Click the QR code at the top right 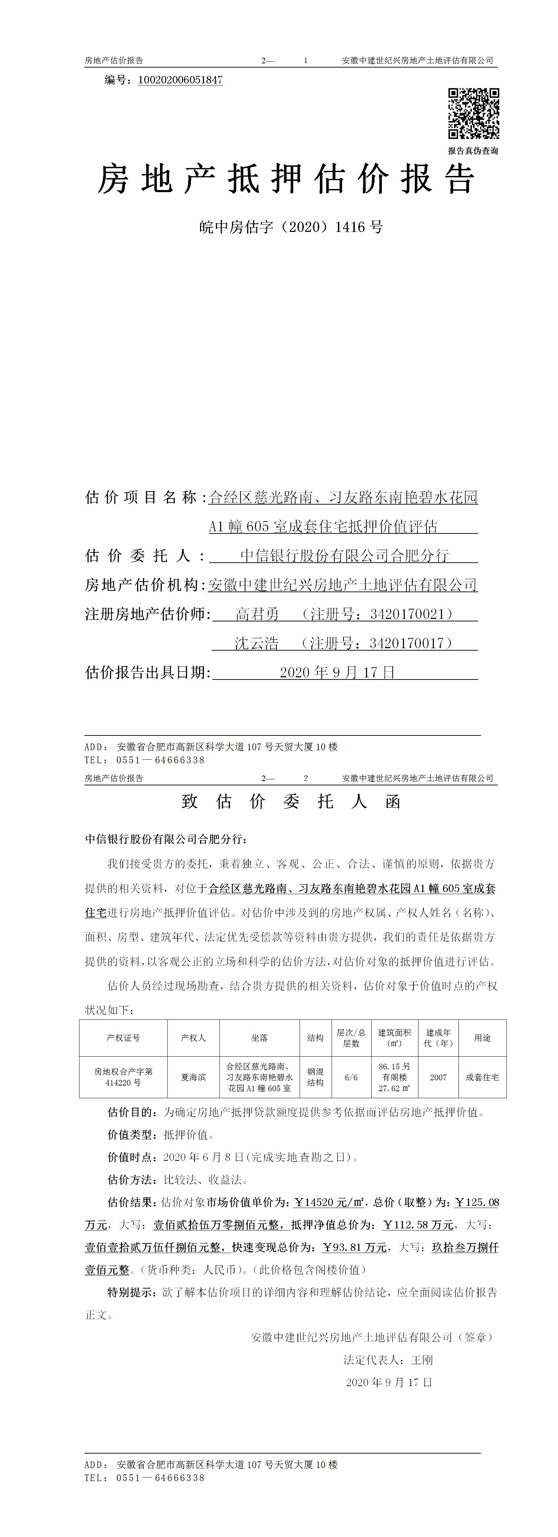(x=473, y=113)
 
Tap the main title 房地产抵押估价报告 (x=286, y=179)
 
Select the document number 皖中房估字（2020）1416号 (x=290, y=227)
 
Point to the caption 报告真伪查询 (x=473, y=151)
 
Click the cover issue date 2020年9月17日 (x=338, y=672)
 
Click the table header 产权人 (x=193, y=1038)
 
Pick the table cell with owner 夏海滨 (x=193, y=1077)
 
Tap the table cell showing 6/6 (x=351, y=1077)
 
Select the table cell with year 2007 (x=438, y=1077)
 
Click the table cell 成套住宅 (x=482, y=1077)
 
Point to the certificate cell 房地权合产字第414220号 (x=123, y=1077)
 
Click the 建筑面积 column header (x=394, y=1038)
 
